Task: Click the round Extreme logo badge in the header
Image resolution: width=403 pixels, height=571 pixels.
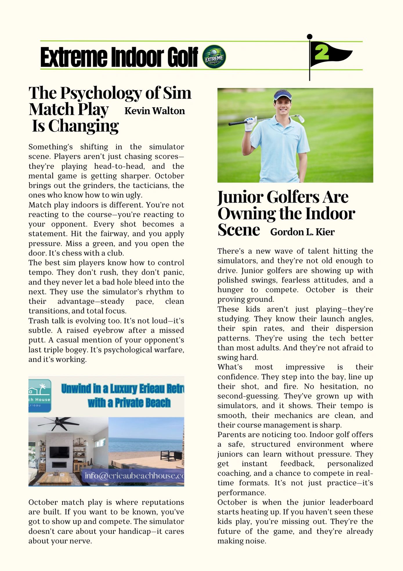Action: (x=214, y=57)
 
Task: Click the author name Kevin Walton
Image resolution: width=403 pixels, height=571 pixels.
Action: (x=155, y=111)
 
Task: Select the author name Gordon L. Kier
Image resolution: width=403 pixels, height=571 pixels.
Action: (x=302, y=232)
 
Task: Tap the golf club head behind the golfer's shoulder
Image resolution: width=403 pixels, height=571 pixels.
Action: (x=301, y=118)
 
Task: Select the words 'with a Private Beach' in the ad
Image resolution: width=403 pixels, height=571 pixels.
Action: (x=129, y=403)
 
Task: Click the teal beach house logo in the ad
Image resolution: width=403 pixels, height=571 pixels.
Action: (x=39, y=395)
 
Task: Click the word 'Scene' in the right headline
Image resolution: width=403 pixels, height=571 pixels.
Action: (x=238, y=230)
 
